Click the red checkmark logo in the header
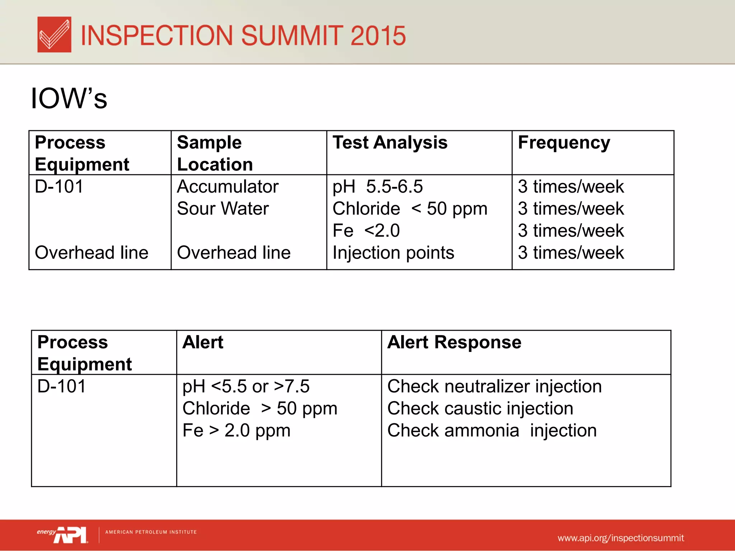point(54,34)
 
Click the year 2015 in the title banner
point(378,36)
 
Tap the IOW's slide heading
point(69,98)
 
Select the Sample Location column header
point(215,153)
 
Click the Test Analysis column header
point(390,142)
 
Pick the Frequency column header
point(563,143)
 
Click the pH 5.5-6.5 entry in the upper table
point(378,187)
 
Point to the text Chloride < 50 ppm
point(409,209)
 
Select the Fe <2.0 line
point(366,231)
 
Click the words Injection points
point(393,253)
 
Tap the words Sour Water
point(223,209)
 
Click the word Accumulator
point(228,187)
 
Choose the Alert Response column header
point(454,342)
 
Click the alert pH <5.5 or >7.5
point(246,387)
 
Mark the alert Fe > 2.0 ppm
point(236,430)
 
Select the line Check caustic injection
point(480,409)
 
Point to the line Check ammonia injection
point(492,430)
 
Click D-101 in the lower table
point(61,387)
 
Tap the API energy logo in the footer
point(63,534)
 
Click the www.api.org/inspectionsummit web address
point(621,538)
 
